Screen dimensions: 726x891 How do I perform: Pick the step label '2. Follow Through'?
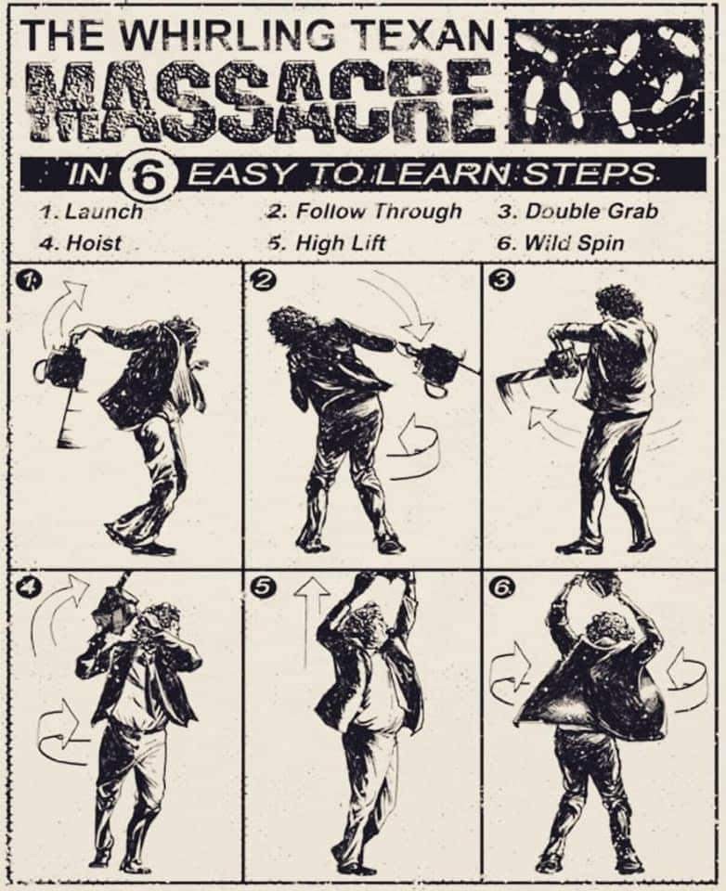tap(364, 212)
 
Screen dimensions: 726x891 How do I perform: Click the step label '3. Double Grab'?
tap(578, 212)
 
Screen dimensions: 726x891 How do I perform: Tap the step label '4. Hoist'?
tap(80, 243)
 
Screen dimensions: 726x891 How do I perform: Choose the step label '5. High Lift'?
tap(327, 243)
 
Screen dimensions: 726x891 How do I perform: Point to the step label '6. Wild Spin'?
tap(561, 243)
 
